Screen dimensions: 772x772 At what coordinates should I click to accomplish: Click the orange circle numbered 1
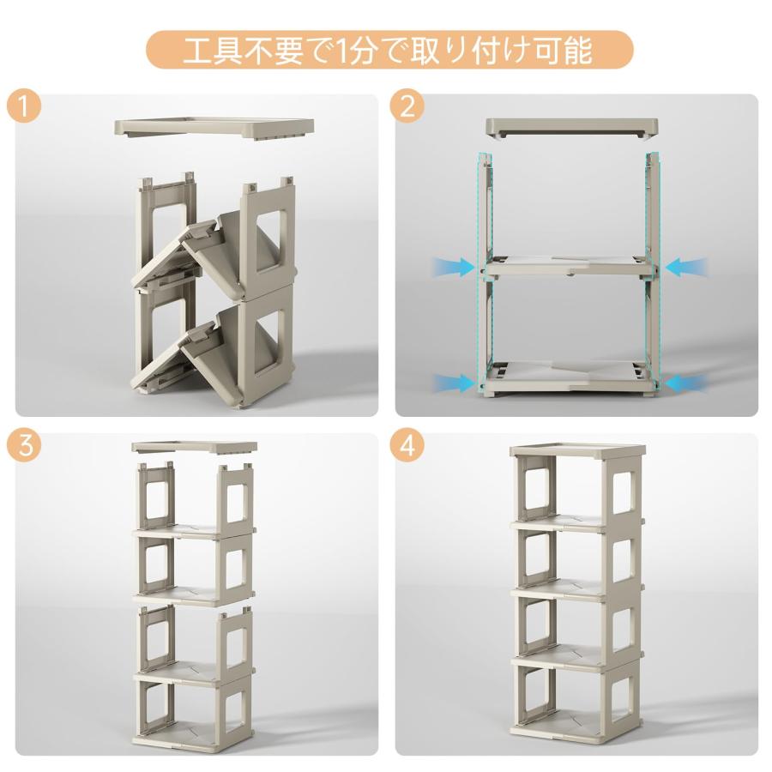point(24,106)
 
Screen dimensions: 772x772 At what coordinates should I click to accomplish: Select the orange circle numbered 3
point(24,446)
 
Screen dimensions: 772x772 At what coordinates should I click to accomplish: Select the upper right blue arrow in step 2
point(686,267)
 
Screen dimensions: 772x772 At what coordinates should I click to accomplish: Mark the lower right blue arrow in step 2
point(686,381)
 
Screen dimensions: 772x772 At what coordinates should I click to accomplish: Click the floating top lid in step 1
point(214,128)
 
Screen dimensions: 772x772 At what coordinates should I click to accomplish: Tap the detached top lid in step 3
point(194,448)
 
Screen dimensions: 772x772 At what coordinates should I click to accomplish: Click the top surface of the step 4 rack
point(576,450)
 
